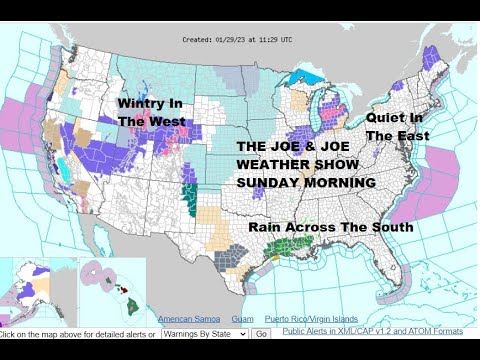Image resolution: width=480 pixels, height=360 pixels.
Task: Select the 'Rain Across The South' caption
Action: point(331,227)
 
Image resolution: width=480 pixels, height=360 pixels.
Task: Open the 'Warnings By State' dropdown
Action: point(206,333)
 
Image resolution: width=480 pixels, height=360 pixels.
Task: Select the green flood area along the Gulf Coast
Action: point(301,245)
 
